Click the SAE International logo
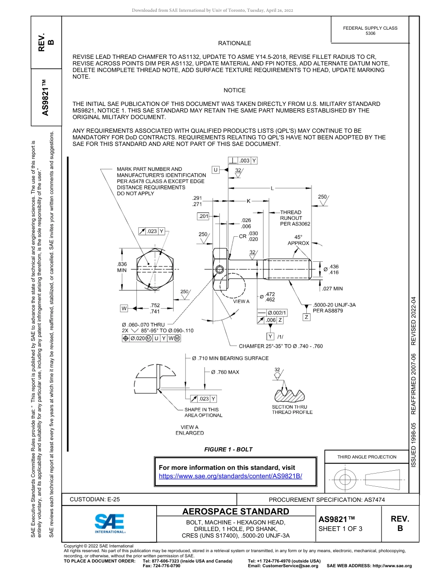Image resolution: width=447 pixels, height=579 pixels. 110,523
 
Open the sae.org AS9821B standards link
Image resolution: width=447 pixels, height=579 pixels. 231,476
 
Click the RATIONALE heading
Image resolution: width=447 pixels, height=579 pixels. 234,43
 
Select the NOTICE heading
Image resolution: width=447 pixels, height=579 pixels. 234,90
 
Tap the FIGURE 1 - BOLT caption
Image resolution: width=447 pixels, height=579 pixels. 228,450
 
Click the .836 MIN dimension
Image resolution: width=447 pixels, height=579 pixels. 122,267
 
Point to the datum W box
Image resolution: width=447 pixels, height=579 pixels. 124,308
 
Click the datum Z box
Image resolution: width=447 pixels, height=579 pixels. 306,317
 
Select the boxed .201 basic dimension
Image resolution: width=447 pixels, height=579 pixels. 203,216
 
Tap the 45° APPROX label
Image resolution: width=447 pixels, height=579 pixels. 298,240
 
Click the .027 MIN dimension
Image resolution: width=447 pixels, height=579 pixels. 332,289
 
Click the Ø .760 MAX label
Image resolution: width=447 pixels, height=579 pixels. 224,372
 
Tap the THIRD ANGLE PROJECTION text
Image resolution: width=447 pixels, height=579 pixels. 367,457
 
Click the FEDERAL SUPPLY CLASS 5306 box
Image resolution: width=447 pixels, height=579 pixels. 370,31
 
